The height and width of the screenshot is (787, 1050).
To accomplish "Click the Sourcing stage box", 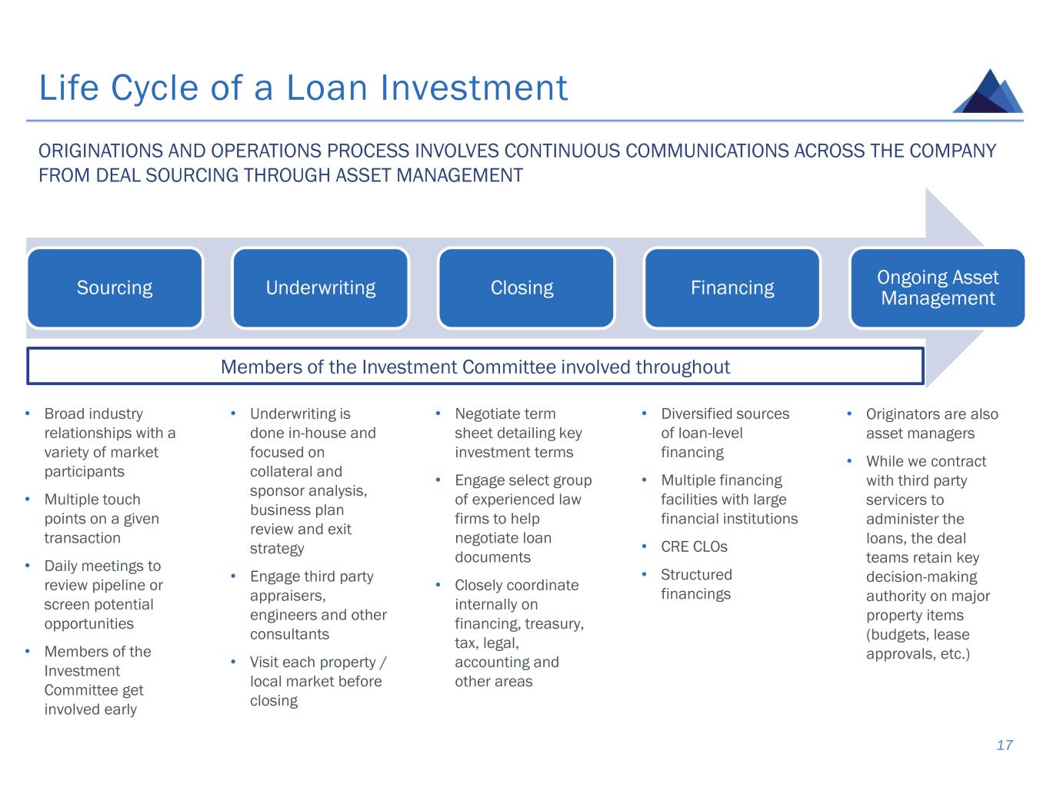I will (115, 288).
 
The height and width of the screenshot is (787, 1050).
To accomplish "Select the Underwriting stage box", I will (320, 288).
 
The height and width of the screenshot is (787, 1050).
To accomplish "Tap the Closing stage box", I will (526, 288).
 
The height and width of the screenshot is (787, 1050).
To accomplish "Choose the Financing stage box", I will (732, 288).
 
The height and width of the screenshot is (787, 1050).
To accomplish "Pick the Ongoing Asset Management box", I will (937, 288).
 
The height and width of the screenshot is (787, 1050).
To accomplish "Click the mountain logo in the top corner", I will (988, 91).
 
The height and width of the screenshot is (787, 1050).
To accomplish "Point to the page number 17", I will (1004, 745).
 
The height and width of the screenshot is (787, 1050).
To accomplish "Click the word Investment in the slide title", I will (474, 88).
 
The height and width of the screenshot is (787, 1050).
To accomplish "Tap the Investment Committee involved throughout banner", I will (475, 367).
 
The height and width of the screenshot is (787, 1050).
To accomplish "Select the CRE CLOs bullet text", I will (694, 547).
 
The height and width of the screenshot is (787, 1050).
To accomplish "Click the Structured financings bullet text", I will (696, 584).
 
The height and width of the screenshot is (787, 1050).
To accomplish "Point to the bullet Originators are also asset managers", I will (932, 423).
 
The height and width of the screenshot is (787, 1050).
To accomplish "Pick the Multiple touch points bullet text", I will (102, 519).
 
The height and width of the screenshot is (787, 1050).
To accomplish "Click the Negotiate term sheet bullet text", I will (518, 433).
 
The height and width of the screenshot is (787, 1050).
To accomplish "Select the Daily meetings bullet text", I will (103, 595).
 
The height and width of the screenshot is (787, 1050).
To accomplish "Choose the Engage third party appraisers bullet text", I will (318, 605).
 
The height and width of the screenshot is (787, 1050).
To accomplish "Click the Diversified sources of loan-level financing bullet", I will (725, 433).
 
